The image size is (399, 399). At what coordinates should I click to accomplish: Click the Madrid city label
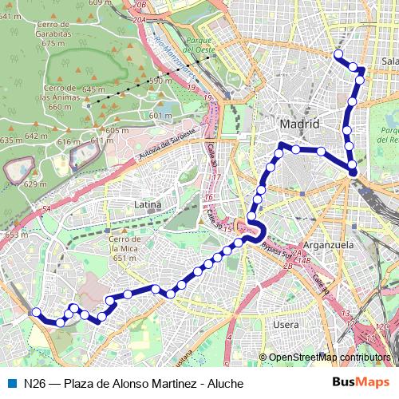click(299, 124)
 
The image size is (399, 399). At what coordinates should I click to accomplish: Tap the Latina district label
click(148, 205)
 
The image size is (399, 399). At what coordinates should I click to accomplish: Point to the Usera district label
click(286, 325)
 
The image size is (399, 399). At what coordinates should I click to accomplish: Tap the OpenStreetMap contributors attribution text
click(330, 358)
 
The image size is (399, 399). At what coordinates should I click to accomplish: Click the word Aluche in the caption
click(225, 384)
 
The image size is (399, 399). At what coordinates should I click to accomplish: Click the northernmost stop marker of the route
click(338, 54)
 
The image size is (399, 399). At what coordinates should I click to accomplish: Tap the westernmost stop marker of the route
click(36, 314)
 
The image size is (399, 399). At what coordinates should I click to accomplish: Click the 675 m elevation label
click(53, 44)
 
